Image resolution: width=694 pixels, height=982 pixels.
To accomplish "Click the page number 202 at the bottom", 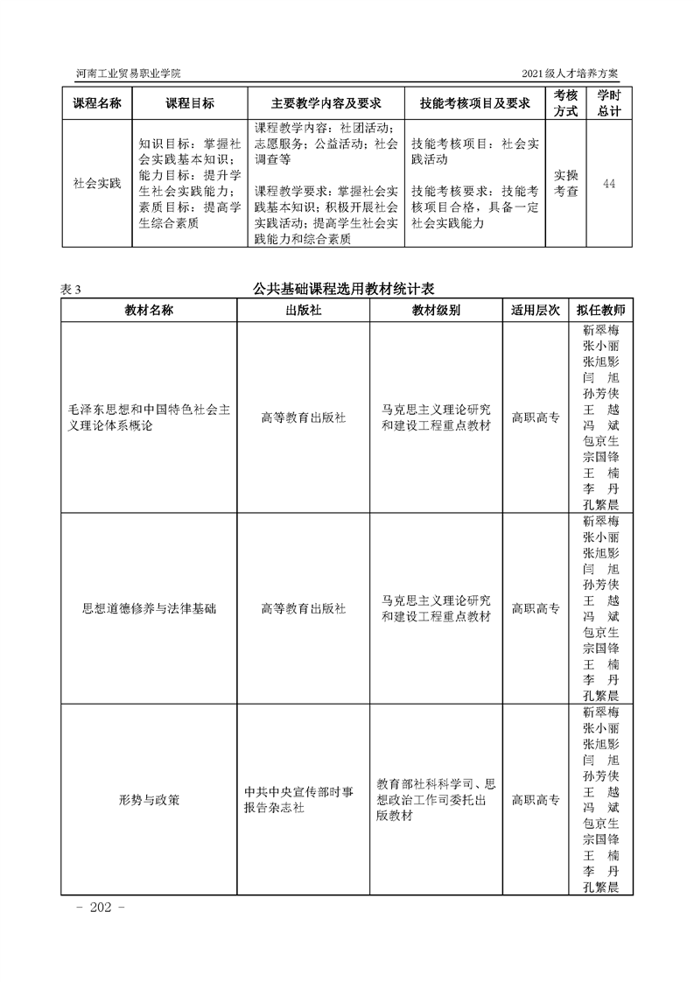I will point(102,908).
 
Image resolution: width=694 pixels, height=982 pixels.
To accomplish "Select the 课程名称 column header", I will point(96,103).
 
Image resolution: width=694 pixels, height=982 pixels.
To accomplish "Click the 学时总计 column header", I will point(608,103).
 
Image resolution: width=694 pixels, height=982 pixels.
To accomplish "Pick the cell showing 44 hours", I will point(608,183).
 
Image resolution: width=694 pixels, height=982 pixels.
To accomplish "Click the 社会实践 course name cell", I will point(96,183).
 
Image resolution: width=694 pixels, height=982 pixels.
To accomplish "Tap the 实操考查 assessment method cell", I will point(566,183).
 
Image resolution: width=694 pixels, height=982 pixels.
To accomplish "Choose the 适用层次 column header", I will point(535,311).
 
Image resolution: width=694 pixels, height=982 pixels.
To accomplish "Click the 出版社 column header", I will point(304,311).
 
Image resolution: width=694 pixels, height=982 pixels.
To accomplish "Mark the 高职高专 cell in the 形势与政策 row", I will point(535,799).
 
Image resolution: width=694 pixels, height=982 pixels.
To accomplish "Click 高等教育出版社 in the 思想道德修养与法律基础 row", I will point(304,608).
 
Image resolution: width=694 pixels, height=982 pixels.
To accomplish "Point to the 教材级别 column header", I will point(436,311).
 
